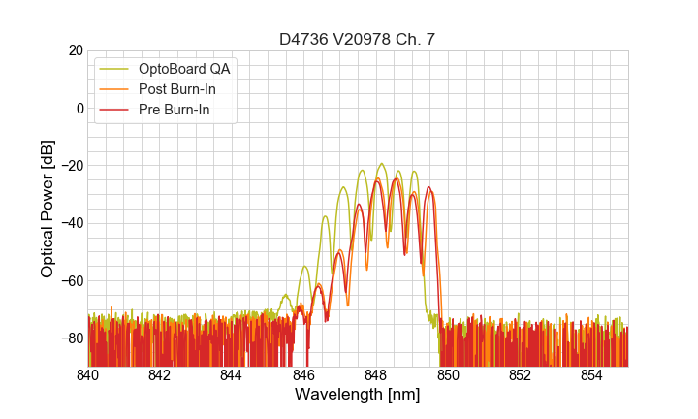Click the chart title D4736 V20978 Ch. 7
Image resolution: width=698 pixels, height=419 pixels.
coord(357,39)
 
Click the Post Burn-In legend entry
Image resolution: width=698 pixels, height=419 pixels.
coord(178,89)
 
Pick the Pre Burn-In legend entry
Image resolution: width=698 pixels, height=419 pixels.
coord(175,111)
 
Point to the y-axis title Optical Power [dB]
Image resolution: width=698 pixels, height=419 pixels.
coord(48,209)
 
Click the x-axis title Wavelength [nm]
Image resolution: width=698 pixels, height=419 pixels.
coord(357,395)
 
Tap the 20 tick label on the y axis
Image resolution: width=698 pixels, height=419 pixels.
coord(75,50)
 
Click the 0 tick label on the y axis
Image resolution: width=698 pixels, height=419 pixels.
coord(79,108)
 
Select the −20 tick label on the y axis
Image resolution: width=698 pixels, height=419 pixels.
coord(71,166)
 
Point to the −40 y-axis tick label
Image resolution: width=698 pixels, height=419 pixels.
coord(71,223)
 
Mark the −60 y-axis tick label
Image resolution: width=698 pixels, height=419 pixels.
coord(71,281)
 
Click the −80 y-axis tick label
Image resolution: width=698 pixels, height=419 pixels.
coord(71,338)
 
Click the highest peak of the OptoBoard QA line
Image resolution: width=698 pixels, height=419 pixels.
coord(381,164)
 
